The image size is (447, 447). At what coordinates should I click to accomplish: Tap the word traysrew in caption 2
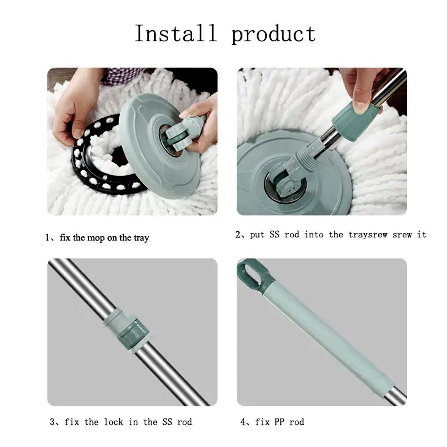367,235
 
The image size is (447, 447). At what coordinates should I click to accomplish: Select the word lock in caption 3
114,422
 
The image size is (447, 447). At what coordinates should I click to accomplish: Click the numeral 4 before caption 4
243,422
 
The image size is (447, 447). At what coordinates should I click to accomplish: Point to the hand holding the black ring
71,105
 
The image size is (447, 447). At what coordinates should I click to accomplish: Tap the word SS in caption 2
274,235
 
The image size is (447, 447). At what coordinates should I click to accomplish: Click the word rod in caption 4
297,422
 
